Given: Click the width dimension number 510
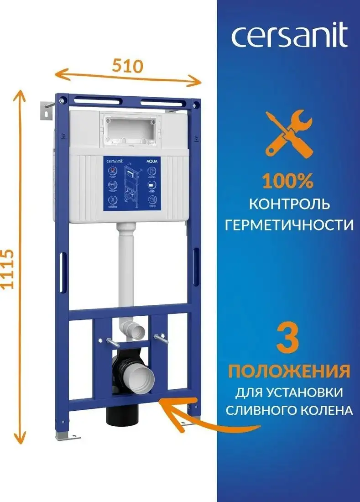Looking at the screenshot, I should [x=128, y=67].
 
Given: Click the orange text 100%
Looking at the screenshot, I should [x=287, y=182].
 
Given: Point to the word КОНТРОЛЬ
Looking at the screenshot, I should [x=289, y=204].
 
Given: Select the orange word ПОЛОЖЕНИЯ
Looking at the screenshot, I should [x=289, y=371].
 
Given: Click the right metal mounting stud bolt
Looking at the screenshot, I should [x=161, y=338].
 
